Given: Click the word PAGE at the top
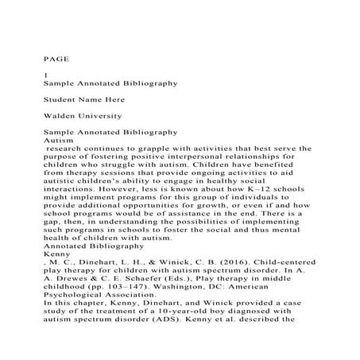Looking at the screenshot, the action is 53,58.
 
